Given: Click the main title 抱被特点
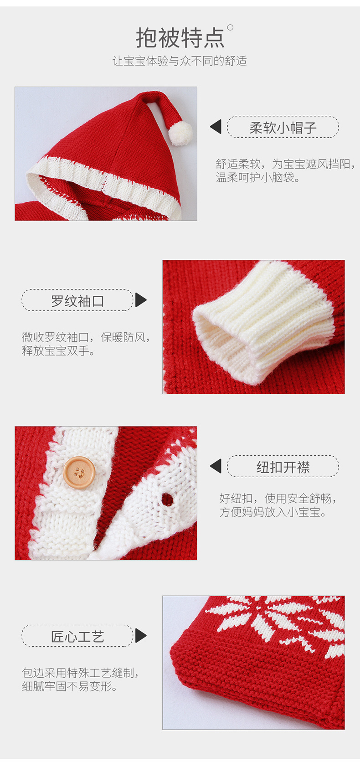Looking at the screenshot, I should click(180, 37).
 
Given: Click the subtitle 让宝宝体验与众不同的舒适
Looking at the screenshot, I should click(180, 61).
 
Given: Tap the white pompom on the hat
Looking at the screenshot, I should click(180, 133).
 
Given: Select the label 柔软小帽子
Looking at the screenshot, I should click(283, 127).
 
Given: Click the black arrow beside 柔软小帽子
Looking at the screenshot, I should click(216, 127).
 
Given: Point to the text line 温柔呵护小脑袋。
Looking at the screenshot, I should click(258, 178).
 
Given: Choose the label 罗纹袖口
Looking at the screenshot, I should click(77, 300).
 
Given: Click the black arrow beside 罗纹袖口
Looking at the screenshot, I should click(141, 300).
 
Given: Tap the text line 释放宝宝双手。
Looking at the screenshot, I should click(58, 350).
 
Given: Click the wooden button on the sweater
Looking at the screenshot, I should click(79, 472).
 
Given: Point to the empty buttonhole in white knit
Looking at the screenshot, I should click(167, 499).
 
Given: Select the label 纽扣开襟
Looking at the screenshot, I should click(283, 467).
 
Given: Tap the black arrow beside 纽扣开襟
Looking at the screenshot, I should click(216, 466).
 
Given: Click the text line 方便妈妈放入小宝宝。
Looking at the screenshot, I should click(273, 512).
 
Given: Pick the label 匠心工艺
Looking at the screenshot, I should click(77, 636).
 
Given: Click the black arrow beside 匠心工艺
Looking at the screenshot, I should click(141, 636).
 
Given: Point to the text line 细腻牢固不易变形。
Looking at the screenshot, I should click(70, 686).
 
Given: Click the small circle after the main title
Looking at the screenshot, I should click(230, 27).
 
